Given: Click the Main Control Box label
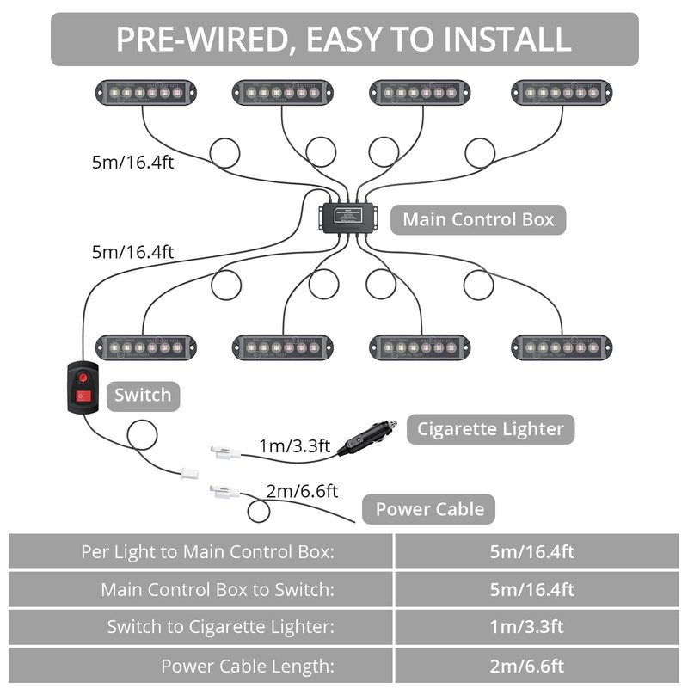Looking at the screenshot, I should pyautogui.click(x=479, y=219).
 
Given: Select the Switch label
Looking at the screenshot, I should pyautogui.click(x=143, y=396).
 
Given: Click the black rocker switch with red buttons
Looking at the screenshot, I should pyautogui.click(x=83, y=387).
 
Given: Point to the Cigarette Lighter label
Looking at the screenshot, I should pyautogui.click(x=490, y=428).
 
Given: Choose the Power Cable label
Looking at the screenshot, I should pyautogui.click(x=430, y=509).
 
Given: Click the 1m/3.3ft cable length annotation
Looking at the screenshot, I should pyautogui.click(x=295, y=445).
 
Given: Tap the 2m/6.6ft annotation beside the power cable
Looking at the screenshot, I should pyautogui.click(x=302, y=491).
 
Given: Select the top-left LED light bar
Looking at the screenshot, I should pyautogui.click(x=145, y=92).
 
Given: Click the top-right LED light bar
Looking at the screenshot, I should pyautogui.click(x=562, y=92).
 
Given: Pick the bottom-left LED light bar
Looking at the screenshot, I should pyautogui.click(x=145, y=347).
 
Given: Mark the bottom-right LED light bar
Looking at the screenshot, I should pyautogui.click(x=562, y=347).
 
